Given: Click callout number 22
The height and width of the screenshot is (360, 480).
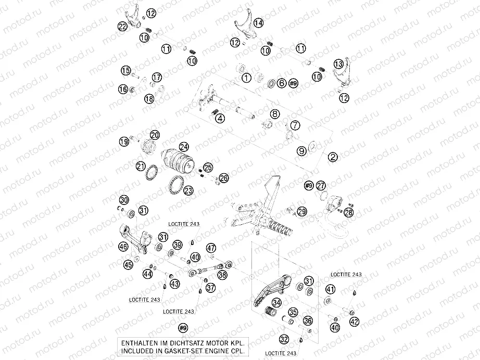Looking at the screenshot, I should (x=123, y=27).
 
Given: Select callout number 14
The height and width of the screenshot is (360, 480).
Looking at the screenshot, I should (x=258, y=23).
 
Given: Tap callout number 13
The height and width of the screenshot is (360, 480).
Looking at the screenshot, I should (x=338, y=63).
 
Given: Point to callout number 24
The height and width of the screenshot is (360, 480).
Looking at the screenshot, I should (x=183, y=147).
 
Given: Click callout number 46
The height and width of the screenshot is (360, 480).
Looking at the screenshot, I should (x=123, y=246).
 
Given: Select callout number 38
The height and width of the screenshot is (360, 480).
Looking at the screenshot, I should (x=223, y=275).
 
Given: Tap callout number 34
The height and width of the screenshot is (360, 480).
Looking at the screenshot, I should (x=277, y=302).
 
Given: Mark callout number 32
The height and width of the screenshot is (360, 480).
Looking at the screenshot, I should (x=283, y=339).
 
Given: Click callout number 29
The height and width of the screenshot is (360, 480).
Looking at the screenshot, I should (x=302, y=211).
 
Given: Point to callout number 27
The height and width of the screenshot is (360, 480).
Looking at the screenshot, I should (x=321, y=185).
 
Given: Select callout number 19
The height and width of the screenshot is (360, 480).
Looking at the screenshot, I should (x=123, y=142).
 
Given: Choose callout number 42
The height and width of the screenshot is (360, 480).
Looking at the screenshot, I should (x=355, y=322).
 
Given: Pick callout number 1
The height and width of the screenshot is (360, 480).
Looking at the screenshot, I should (x=247, y=79).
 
